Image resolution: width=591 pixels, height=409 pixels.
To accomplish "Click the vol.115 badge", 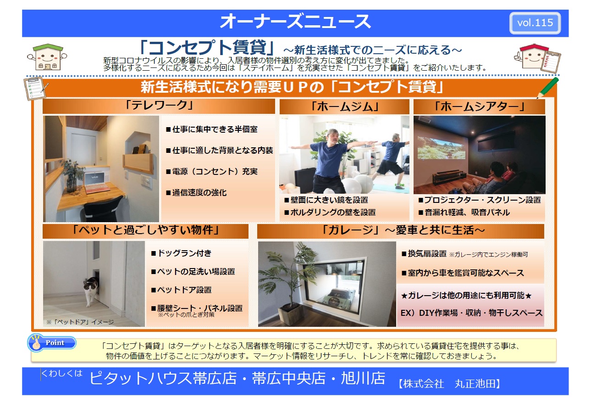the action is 535,23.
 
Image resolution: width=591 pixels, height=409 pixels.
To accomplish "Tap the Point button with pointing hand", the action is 52,343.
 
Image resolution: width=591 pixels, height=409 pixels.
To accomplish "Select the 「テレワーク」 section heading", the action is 159,106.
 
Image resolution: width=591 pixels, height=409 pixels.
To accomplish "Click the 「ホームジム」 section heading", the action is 345,106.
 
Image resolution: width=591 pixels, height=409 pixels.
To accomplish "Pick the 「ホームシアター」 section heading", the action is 479,106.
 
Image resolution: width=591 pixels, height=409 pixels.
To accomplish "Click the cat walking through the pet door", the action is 91,291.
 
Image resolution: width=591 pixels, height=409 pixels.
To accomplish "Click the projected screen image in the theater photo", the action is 442,148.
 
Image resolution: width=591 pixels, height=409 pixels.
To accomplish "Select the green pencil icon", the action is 548,88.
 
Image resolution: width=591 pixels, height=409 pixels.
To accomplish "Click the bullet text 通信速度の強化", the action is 196,193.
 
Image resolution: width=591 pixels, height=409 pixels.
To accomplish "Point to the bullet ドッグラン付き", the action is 181,253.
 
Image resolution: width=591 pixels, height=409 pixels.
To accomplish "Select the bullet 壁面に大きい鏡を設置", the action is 326,200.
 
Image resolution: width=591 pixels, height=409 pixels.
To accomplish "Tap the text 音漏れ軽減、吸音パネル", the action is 464,213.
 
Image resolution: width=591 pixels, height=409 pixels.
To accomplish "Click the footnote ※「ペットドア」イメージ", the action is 80,322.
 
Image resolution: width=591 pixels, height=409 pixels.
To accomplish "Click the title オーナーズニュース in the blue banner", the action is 295,22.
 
